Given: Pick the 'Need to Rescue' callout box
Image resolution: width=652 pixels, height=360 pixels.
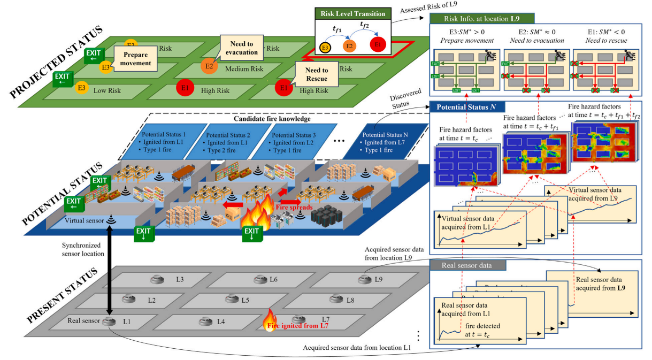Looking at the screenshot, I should tap(317, 74).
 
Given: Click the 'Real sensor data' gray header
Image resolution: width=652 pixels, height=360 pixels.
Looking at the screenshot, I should tap(461, 265).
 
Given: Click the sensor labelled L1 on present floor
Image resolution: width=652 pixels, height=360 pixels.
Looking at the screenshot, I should tap(109, 321).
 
